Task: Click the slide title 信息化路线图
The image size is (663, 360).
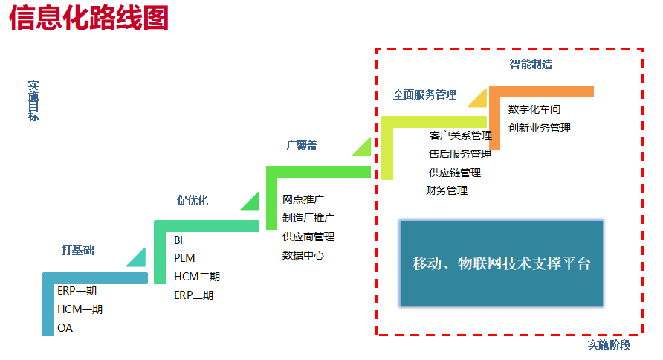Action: pyautogui.click(x=89, y=18)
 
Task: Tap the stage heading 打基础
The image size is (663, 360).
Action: pyautogui.click(x=77, y=251)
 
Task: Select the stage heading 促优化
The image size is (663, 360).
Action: pyautogui.click(x=193, y=200)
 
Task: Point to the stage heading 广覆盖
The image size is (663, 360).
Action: pyautogui.click(x=302, y=146)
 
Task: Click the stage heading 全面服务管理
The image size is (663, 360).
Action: pyautogui.click(x=424, y=95)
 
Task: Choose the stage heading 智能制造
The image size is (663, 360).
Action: pyautogui.click(x=531, y=65)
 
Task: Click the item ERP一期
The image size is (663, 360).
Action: pyautogui.click(x=77, y=291)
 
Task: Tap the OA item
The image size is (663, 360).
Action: pyautogui.click(x=65, y=328)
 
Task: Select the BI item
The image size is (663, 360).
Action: pyautogui.click(x=178, y=240)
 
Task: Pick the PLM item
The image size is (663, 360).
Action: pyautogui.click(x=184, y=258)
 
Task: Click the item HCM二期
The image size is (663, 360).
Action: pyautogui.click(x=197, y=277)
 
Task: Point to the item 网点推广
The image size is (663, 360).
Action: pyautogui.click(x=303, y=199)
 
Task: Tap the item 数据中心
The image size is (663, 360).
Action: pyautogui.click(x=303, y=255)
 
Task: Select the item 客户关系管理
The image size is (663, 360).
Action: pyautogui.click(x=461, y=136)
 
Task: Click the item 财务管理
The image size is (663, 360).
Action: pyautogui.click(x=447, y=191)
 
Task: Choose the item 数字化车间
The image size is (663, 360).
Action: pyautogui.click(x=534, y=109)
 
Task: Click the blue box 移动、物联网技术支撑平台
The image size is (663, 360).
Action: pyautogui.click(x=502, y=263)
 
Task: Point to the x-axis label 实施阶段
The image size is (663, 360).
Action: pyautogui.click(x=609, y=345)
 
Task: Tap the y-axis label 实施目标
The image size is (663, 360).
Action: pyautogui.click(x=33, y=101)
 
